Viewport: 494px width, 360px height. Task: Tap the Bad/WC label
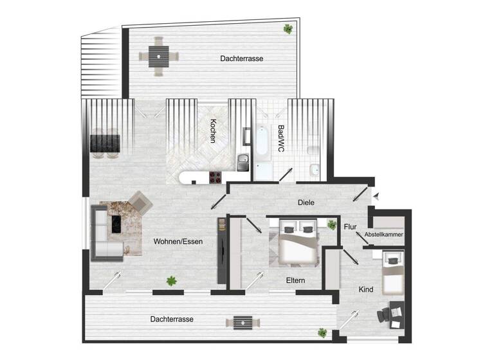pyautogui.click(x=280, y=138)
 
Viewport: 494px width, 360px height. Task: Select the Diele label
pyautogui.click(x=306, y=203)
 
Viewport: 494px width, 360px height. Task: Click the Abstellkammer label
pyautogui.click(x=384, y=235)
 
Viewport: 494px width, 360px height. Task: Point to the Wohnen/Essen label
pyautogui.click(x=178, y=242)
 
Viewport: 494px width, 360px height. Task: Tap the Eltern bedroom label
pyautogui.click(x=295, y=280)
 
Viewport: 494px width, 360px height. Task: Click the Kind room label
pyautogui.click(x=366, y=290)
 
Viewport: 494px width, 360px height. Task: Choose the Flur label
pyautogui.click(x=351, y=227)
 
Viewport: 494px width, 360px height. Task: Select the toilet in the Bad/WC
pyautogui.click(x=313, y=150)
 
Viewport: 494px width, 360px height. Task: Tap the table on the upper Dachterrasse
pyautogui.click(x=158, y=57)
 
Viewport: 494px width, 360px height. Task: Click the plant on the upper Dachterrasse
pyautogui.click(x=287, y=28)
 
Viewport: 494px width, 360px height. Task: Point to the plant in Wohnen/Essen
pyautogui.click(x=172, y=280)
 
